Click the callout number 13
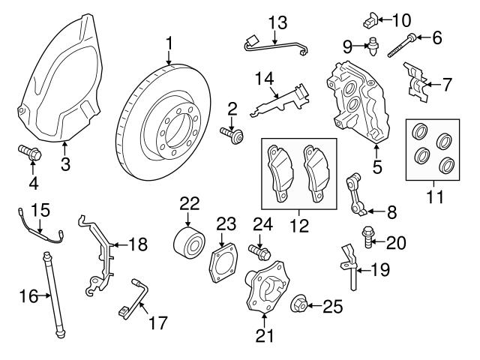pos(277,20)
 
